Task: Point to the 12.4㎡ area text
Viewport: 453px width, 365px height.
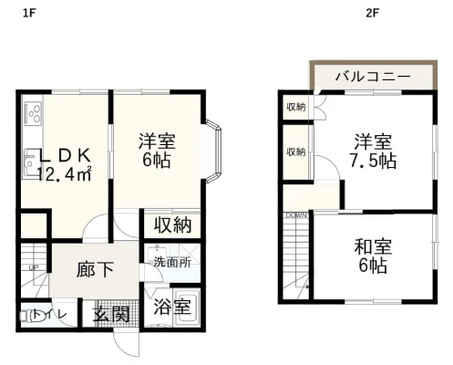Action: [x=63, y=173]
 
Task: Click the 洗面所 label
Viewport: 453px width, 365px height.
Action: [x=171, y=261]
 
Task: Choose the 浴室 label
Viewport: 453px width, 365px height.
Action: [x=170, y=306]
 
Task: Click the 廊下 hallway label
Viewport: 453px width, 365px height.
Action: [x=95, y=269]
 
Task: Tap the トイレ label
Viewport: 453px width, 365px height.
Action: [x=45, y=315]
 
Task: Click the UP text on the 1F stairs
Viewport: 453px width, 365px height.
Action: [x=34, y=266]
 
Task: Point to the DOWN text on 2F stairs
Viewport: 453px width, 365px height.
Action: [x=296, y=215]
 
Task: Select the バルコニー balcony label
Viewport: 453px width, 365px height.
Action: [x=370, y=76]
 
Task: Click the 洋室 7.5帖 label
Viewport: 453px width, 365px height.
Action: [x=375, y=151]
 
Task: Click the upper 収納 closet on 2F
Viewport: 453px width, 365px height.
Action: [x=295, y=107]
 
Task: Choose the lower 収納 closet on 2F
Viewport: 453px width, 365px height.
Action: [x=295, y=151]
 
